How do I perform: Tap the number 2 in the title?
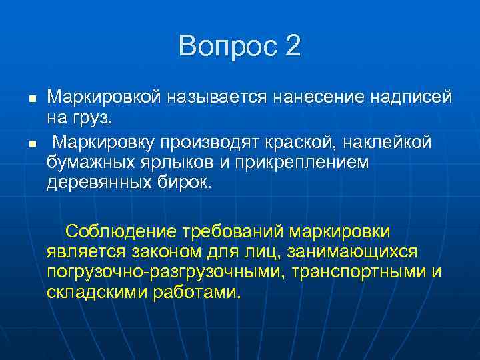292,47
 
